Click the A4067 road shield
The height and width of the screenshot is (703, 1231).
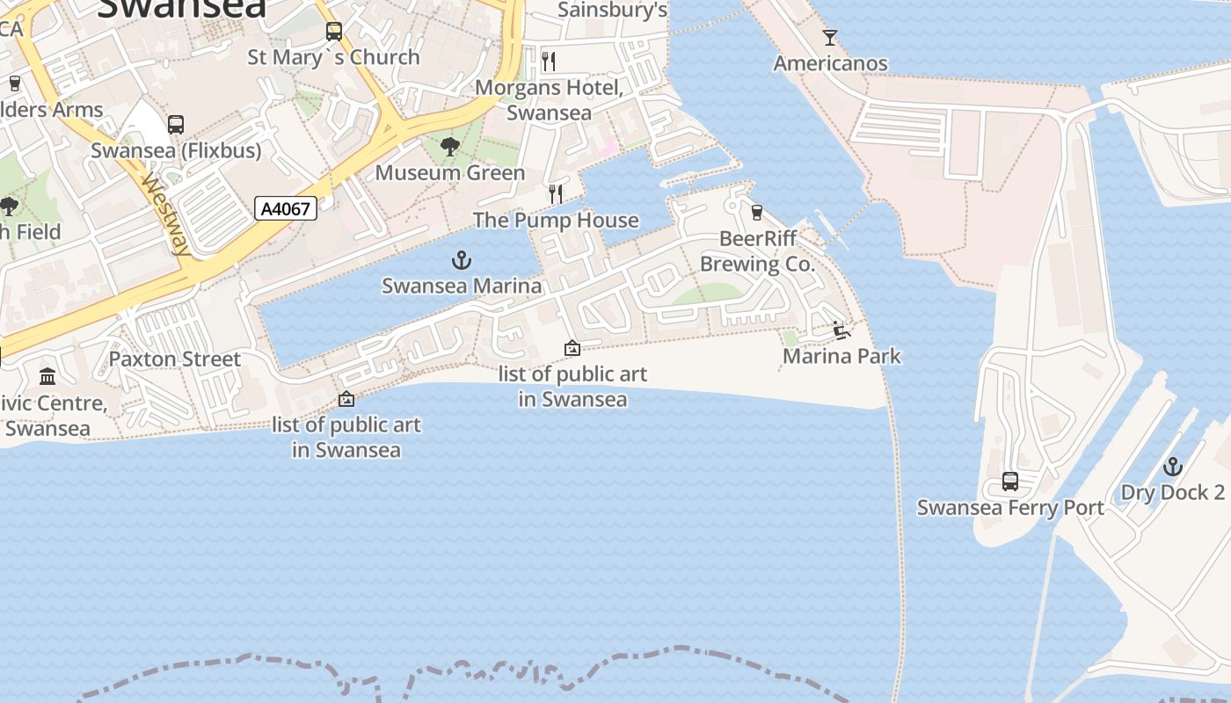(x=286, y=208)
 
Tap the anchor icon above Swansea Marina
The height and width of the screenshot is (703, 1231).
(x=462, y=260)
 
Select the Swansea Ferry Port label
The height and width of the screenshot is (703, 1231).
(x=1010, y=507)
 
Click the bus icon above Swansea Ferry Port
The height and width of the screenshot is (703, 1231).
(x=1010, y=482)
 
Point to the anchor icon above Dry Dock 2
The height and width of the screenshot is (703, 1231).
(x=1173, y=467)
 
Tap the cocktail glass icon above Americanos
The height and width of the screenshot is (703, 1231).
(x=830, y=38)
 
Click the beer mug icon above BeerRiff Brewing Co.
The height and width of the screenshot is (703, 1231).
(x=757, y=213)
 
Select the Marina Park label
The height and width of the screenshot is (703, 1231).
(x=841, y=356)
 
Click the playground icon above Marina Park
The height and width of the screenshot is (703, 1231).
(x=841, y=330)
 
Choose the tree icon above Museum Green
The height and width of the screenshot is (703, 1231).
(x=450, y=147)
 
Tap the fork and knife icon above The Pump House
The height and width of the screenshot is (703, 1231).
(x=556, y=194)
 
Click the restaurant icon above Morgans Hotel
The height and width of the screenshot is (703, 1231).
(x=550, y=62)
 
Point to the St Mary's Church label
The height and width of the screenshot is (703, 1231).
(x=333, y=57)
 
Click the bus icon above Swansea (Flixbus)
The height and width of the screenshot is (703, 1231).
(x=176, y=125)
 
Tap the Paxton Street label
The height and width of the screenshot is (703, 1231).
(x=174, y=359)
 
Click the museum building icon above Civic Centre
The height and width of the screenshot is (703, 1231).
(x=47, y=377)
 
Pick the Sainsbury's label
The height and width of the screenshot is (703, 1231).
(x=613, y=11)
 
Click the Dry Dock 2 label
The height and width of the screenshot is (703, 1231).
(x=1173, y=492)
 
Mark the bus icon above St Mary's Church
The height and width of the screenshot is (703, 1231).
(x=334, y=32)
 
